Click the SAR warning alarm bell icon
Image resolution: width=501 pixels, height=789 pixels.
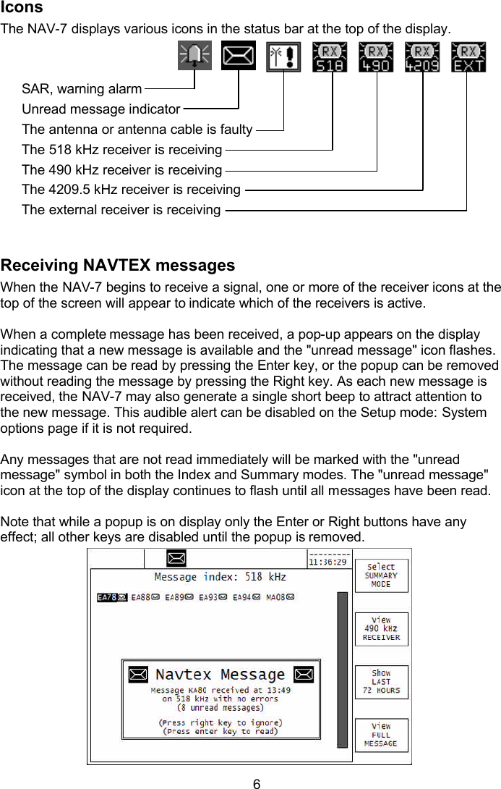194,56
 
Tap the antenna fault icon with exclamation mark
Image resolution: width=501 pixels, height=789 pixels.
283,56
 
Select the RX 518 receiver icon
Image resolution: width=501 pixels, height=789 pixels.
330,56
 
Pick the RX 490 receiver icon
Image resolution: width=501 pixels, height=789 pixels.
376,56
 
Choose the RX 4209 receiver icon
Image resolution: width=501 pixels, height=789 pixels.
422,56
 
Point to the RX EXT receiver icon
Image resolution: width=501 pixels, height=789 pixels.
468,56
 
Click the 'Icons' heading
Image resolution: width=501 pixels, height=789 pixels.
22,8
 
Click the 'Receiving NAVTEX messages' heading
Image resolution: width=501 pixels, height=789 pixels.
118,265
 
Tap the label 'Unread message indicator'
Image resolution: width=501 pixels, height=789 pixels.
100,109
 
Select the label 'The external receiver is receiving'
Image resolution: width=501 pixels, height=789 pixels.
121,210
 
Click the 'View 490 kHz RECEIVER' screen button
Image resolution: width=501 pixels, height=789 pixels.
381,629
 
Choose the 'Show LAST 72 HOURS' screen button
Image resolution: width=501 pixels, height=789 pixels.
381,682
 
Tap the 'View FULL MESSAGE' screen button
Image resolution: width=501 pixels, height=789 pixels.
381,735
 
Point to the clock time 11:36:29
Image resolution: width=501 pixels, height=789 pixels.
327,561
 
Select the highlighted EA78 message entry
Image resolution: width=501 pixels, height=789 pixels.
112,598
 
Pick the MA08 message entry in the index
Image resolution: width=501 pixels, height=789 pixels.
281,598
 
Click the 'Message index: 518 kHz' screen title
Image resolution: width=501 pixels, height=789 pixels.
220,577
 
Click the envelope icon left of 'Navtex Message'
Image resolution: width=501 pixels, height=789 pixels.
138,675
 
